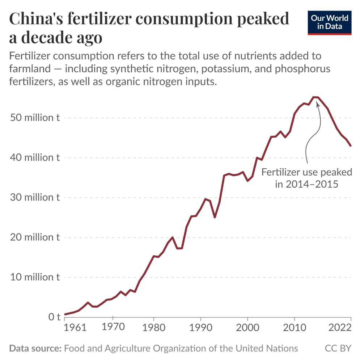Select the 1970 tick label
click(x=113, y=327)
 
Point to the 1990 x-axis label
click(x=200, y=328)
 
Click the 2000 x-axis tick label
click(x=247, y=328)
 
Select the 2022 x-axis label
click(x=340, y=328)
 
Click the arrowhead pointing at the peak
click(x=318, y=104)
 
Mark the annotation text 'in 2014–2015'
click(x=306, y=184)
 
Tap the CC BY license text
click(x=338, y=348)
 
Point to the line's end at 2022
click(x=351, y=146)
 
